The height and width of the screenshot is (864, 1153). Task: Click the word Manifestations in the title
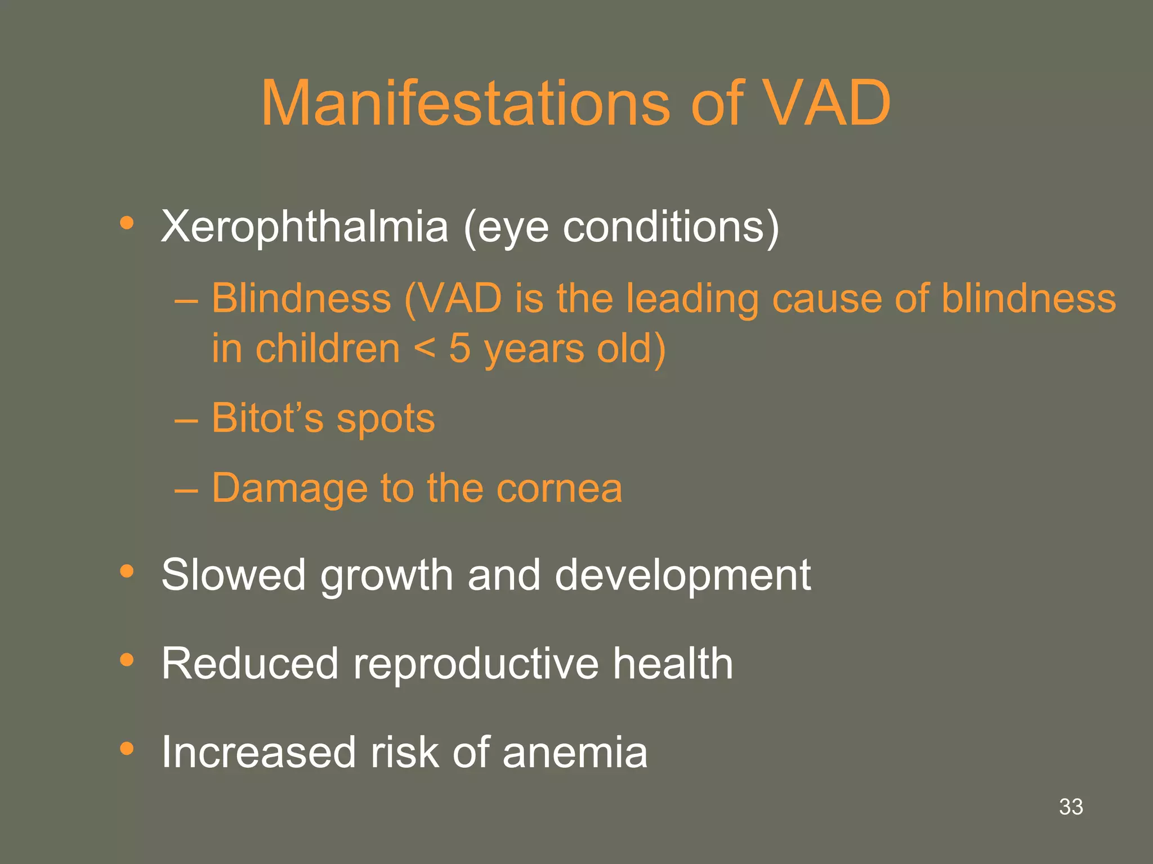(465, 103)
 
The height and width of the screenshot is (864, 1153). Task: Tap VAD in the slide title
(827, 103)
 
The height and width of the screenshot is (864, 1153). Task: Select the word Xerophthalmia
(305, 227)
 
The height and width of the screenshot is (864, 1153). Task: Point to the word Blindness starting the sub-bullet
(301, 298)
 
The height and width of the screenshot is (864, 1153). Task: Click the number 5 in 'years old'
(459, 348)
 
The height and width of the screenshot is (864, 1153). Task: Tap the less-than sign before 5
(424, 349)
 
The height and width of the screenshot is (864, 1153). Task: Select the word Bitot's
(267, 418)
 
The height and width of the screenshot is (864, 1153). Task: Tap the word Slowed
(233, 575)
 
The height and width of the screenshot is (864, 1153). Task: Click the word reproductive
(476, 664)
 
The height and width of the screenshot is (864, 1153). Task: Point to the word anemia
(575, 752)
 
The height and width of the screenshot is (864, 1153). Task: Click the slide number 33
(1071, 807)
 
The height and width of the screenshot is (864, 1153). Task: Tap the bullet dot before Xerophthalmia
(127, 223)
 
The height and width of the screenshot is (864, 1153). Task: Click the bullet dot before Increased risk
(127, 749)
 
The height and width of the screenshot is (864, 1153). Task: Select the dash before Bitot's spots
(186, 420)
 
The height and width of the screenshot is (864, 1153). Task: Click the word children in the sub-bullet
(328, 349)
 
